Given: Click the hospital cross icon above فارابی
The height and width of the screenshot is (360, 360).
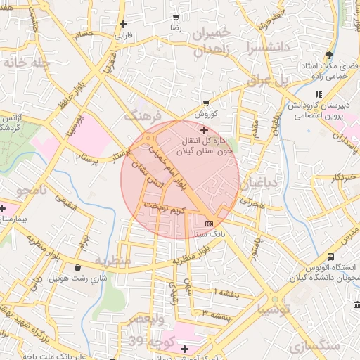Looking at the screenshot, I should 123,23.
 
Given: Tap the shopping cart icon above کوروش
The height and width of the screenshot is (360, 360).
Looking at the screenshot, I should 205,103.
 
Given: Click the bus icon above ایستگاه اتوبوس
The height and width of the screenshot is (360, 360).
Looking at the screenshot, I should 330,257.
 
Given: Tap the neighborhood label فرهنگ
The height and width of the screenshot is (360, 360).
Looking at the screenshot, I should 143,115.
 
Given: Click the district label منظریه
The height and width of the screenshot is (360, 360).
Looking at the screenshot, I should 112,260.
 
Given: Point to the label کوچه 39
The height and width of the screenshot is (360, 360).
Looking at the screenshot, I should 146,341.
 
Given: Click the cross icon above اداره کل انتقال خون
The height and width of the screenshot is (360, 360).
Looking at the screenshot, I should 204,130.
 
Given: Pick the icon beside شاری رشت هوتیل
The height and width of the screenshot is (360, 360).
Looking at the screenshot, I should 77,267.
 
